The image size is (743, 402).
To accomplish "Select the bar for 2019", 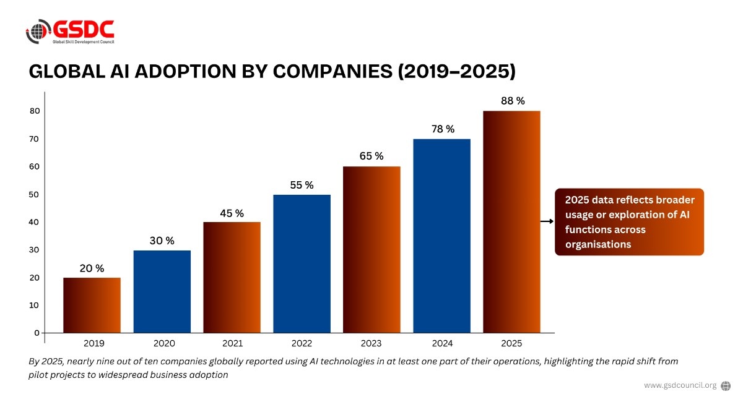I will pos(92,305).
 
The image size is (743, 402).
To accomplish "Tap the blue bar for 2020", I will pos(162,291).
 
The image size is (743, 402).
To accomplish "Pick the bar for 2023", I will pos(371,249).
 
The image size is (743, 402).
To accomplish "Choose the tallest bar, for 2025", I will pos(511,221).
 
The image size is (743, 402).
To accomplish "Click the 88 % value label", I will pos(513,101).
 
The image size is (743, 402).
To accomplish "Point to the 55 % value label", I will pos(302,185).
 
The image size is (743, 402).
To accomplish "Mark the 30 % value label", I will pos(162,241).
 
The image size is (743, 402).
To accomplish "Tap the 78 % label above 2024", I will pos(443,129).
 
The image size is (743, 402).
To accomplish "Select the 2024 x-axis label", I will pos(443,343).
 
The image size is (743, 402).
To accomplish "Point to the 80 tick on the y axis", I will pos(34,111).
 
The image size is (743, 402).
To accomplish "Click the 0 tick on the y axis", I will pos(37,333).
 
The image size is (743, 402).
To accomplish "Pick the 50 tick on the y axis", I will pos(34,194).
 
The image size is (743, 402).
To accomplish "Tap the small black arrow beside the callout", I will pos(547,221).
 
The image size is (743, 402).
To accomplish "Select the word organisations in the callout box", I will pos(598,244).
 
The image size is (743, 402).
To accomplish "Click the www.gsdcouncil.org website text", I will pos(680,385).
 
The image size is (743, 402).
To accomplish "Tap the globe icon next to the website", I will pos(726,385).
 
